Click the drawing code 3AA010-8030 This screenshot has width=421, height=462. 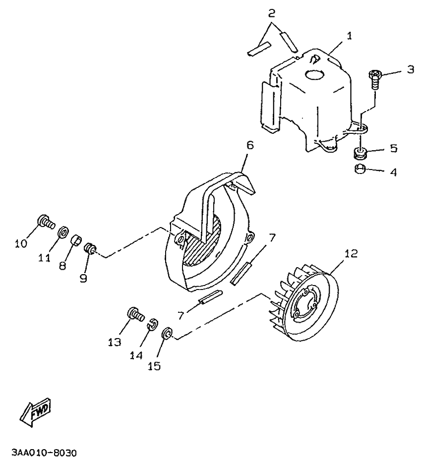(x=44, y=453)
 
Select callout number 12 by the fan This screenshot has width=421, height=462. (x=351, y=253)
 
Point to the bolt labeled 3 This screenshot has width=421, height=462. (x=374, y=79)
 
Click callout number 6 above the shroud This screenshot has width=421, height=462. (x=250, y=145)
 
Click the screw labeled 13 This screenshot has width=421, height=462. (x=136, y=314)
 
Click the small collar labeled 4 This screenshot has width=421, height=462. (x=360, y=170)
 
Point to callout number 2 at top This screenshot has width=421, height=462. (x=272, y=13)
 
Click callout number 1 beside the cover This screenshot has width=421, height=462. (x=349, y=36)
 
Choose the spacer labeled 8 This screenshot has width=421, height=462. (x=77, y=240)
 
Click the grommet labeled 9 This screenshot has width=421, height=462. (x=90, y=249)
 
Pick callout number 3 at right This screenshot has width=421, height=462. (x=411, y=70)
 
